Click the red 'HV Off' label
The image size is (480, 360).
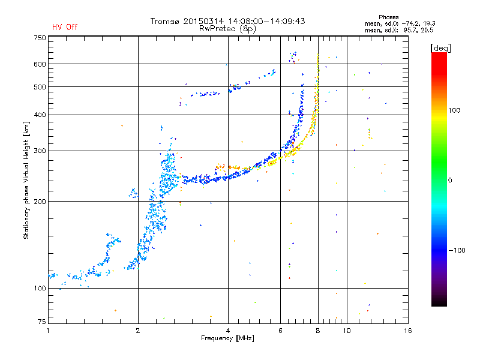point(65,27)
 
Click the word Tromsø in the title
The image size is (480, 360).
point(166,21)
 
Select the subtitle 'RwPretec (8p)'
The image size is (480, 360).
point(227,29)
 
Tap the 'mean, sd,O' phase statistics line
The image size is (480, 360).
point(400,23)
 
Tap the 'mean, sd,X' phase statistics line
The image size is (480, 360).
point(399,30)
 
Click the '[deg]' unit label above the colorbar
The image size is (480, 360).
point(440,48)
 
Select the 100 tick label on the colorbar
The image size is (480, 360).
point(454,110)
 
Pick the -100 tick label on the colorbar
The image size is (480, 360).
point(457,250)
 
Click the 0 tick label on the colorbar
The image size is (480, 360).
point(450,180)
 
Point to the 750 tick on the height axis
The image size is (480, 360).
point(40,38)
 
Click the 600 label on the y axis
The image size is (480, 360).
point(40,64)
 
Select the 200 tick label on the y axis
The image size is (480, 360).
point(40,202)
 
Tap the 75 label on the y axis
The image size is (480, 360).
point(41,322)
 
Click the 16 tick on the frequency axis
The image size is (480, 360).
point(407,331)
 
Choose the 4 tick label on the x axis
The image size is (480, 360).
point(228,331)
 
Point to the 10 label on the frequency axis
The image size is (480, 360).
point(347,331)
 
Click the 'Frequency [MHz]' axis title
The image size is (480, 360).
point(227,338)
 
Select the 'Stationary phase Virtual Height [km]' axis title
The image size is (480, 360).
point(26,180)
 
